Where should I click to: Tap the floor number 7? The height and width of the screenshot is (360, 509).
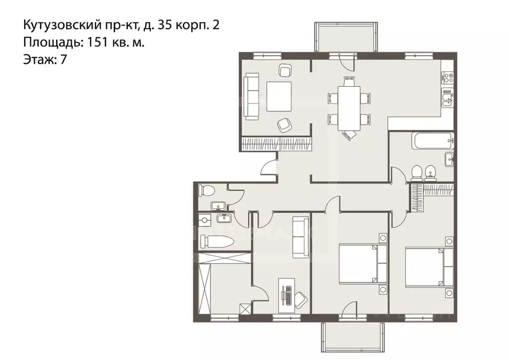pos(63,60)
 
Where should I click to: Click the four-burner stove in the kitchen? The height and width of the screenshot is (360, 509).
pos(448,78)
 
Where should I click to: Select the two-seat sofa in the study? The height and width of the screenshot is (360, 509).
pos(300,237)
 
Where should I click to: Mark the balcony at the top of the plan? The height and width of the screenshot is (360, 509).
pos(344,36)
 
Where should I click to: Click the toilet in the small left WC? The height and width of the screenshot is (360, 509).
pos(207,190)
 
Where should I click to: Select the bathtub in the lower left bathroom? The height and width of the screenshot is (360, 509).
pos(216,243)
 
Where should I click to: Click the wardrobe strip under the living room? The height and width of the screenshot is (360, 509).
pos(277,144)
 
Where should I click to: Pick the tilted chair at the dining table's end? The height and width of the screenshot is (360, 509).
pos(350,134)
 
